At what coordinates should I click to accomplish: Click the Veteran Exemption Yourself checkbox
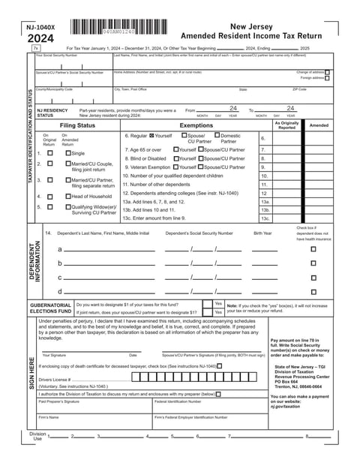click(x=175, y=167)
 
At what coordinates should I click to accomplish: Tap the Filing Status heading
click(x=78, y=125)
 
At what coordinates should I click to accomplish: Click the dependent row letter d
click(x=60, y=291)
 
